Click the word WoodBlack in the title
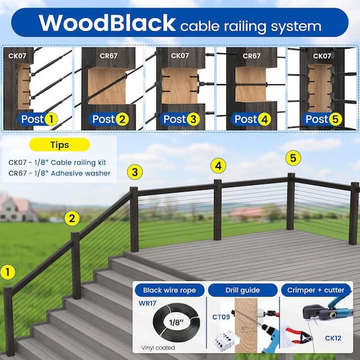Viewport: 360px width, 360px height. (x=107, y=23)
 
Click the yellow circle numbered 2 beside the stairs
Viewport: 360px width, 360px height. (x=72, y=218)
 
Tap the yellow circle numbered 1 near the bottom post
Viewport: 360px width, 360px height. (x=8, y=272)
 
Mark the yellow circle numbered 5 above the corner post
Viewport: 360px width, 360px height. (x=293, y=158)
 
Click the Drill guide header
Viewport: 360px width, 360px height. (x=243, y=290)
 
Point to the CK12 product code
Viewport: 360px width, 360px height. (x=334, y=338)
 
